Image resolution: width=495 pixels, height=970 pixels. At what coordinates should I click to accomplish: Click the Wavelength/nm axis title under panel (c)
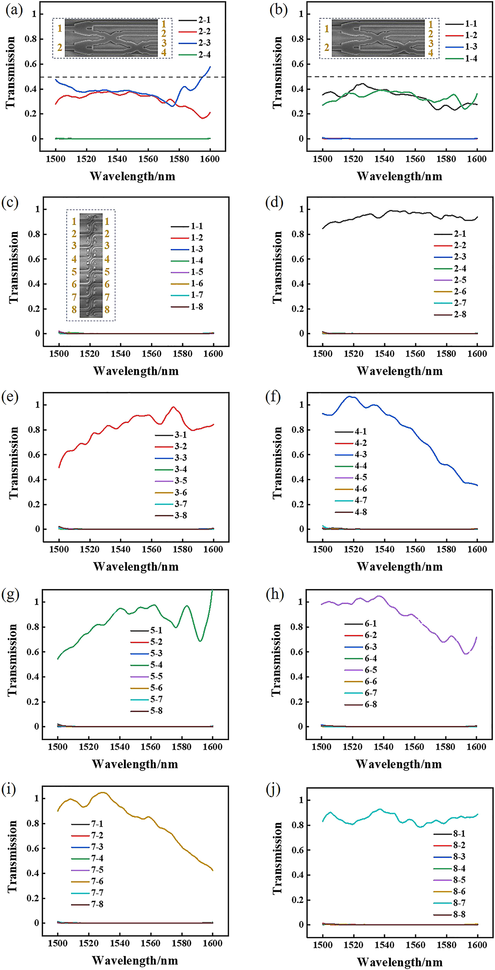(x=136, y=371)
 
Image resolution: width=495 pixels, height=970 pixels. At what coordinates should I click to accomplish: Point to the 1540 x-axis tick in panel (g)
(x=120, y=747)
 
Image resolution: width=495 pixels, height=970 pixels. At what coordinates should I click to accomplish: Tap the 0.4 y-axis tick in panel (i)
(x=34, y=873)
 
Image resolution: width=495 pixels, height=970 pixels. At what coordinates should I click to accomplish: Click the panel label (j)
(x=274, y=790)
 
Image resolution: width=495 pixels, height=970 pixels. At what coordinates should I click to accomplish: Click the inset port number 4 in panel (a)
(x=164, y=53)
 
